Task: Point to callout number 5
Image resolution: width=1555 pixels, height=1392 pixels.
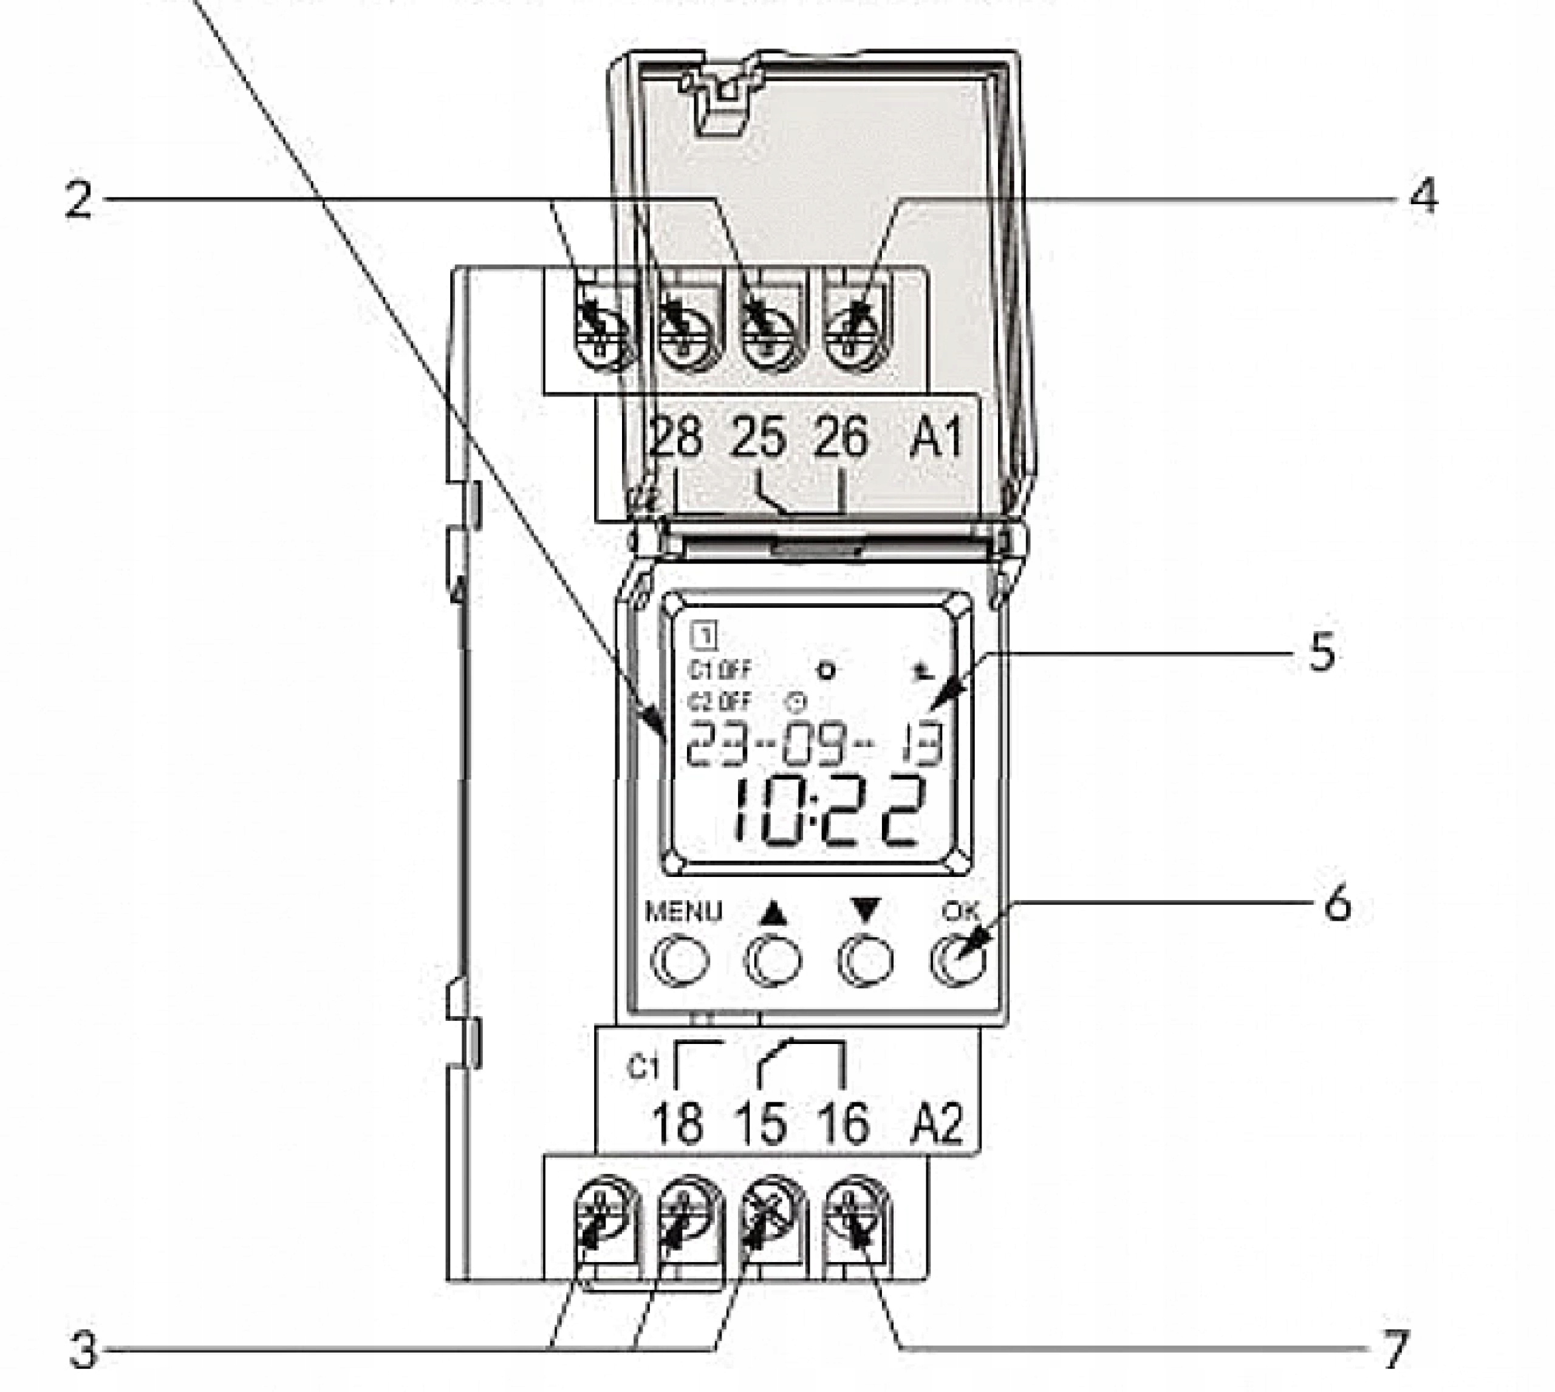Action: (1322, 652)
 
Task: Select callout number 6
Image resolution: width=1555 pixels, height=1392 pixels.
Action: (1337, 905)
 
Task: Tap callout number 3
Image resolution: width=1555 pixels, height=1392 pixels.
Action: (83, 1351)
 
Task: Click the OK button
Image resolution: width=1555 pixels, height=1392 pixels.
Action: (958, 961)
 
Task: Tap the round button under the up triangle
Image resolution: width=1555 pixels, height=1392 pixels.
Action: (772, 961)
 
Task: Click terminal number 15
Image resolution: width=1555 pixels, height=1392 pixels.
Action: (760, 1125)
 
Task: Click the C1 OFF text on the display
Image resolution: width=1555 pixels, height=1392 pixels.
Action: (719, 670)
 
